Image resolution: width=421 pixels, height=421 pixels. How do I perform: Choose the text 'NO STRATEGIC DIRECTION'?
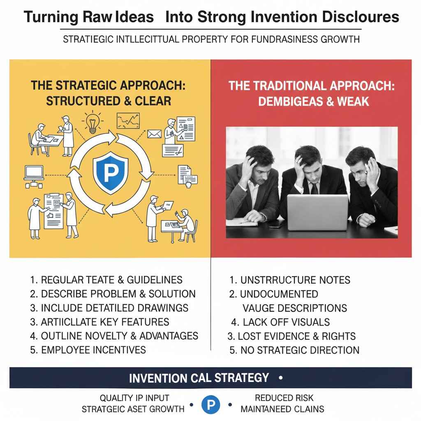tap(294, 350)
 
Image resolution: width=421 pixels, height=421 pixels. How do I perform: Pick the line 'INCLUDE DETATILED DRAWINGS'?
tap(109, 308)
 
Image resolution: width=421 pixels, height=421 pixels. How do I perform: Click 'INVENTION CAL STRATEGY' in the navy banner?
tap(199, 377)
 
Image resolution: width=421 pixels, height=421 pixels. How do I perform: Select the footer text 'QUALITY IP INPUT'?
tap(134, 398)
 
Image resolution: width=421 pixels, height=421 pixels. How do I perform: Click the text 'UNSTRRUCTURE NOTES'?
tap(289, 280)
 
